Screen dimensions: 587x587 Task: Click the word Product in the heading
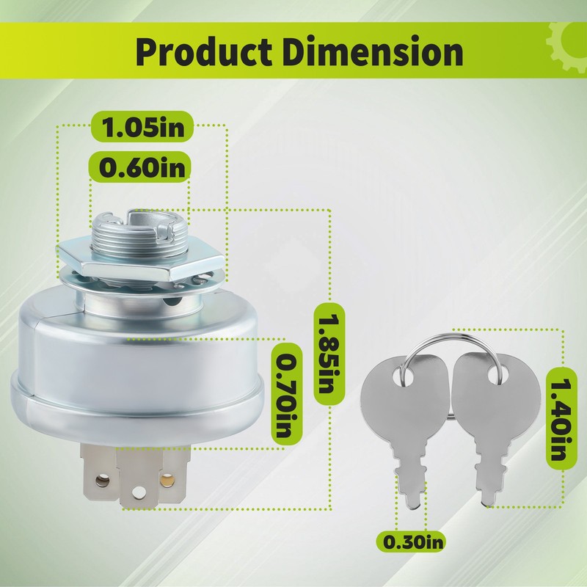[203, 51]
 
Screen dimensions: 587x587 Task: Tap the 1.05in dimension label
[142, 126]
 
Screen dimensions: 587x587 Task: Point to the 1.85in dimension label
[328, 354]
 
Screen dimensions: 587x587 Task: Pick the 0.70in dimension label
[287, 394]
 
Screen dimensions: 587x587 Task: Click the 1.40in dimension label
[561, 418]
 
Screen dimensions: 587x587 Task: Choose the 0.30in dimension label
[411, 542]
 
